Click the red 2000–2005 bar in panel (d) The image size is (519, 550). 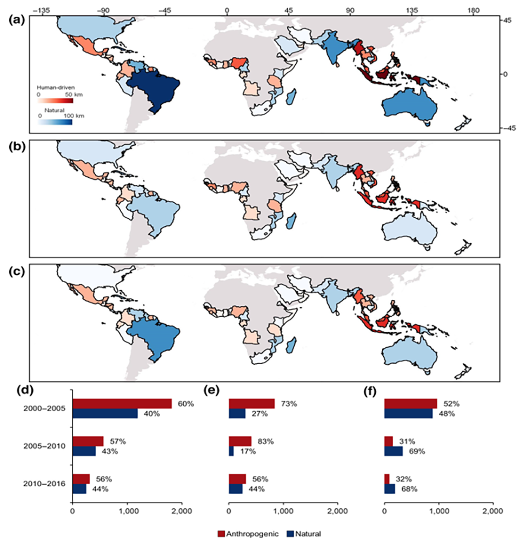122,404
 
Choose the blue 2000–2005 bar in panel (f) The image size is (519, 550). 408,413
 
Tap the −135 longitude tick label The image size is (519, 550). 42,9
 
